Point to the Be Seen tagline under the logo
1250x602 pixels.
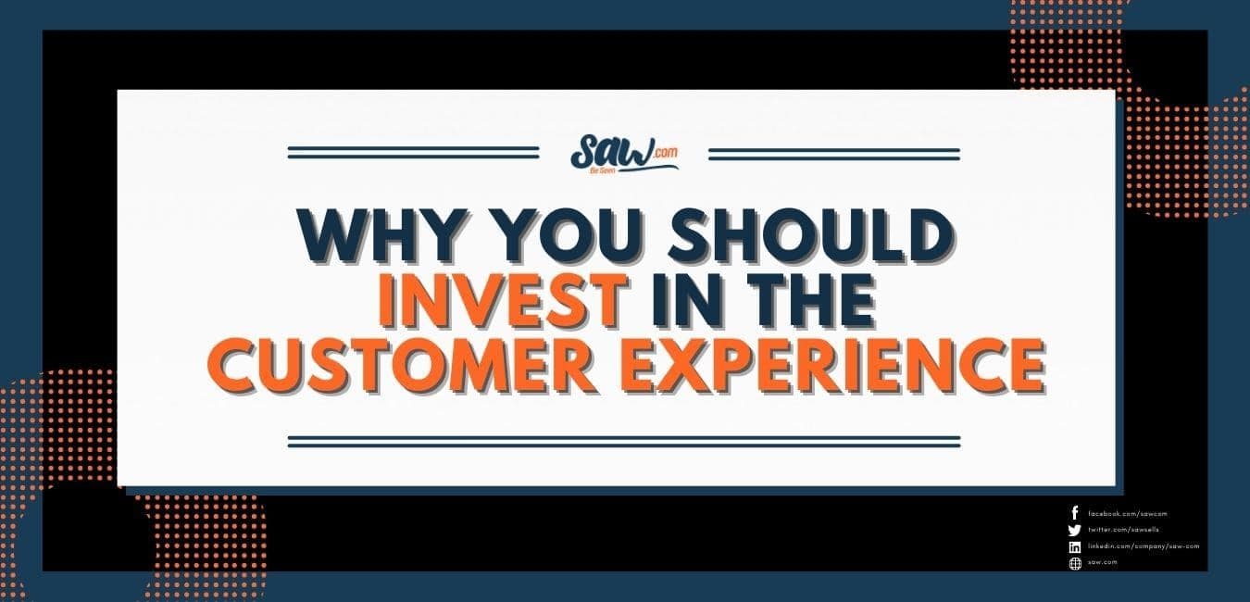coord(621,171)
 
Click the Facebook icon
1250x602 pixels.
coord(1074,513)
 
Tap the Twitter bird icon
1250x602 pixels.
coord(1074,530)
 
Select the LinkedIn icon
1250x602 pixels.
coord(1074,546)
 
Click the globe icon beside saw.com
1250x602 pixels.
coord(1074,563)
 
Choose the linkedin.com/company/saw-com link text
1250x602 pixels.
coord(1144,546)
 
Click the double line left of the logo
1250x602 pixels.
coord(413,153)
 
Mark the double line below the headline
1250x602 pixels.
coord(623,441)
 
